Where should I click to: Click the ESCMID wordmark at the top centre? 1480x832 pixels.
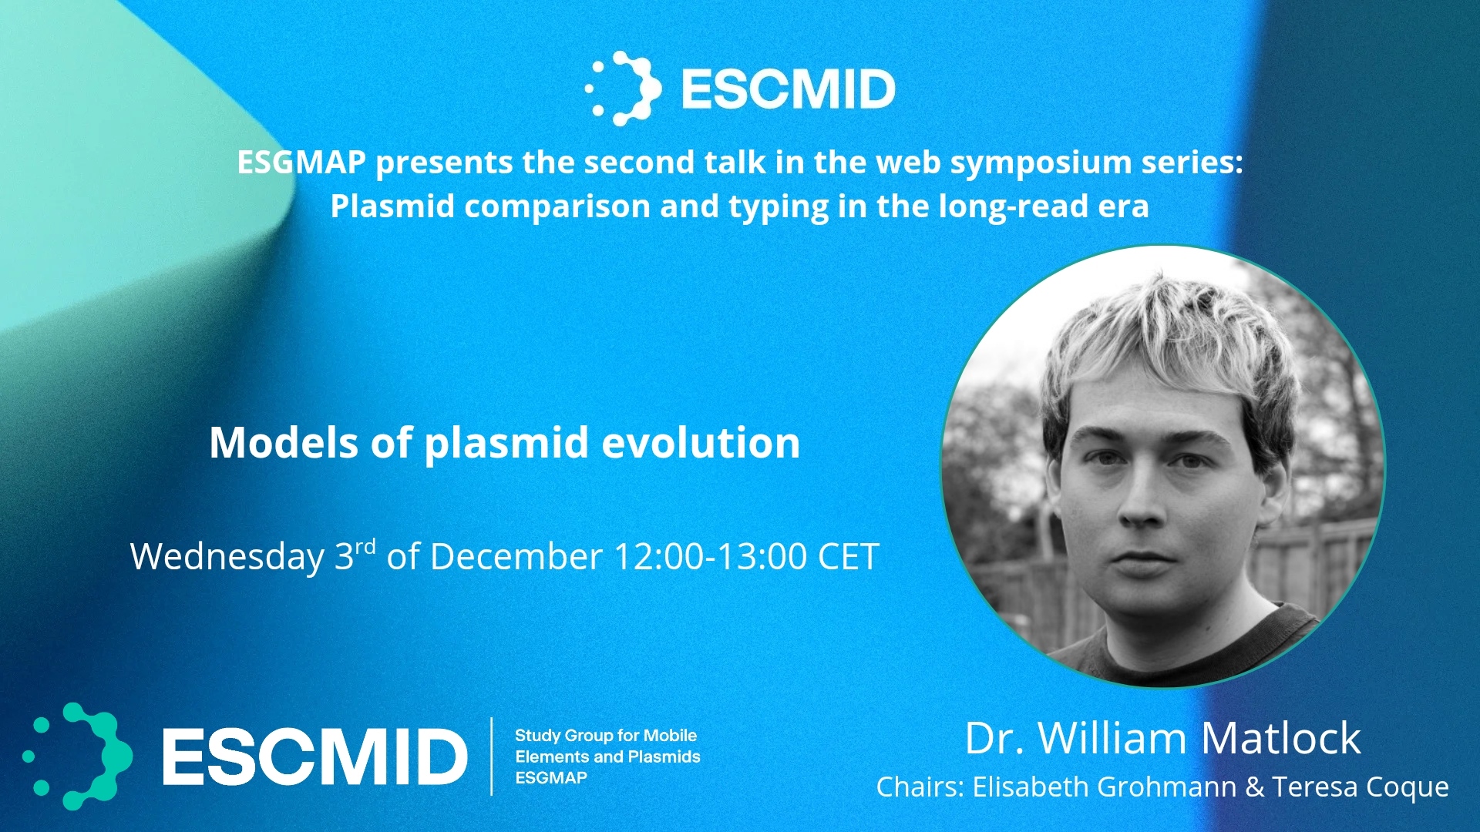tap(788, 89)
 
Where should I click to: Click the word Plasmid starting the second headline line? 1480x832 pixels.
tap(392, 206)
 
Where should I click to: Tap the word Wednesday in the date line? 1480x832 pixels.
tap(227, 557)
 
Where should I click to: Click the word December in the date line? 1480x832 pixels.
tap(516, 556)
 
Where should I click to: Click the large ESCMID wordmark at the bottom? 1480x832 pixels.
tap(314, 757)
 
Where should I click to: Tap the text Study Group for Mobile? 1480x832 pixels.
tap(606, 736)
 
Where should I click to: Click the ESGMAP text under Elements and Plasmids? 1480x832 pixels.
tap(551, 778)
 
